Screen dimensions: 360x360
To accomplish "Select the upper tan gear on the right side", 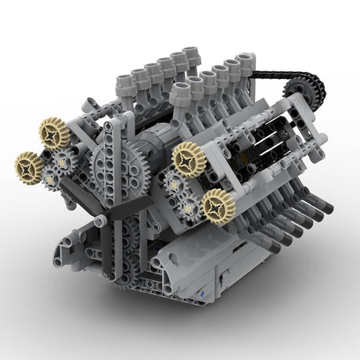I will point(189,159).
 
